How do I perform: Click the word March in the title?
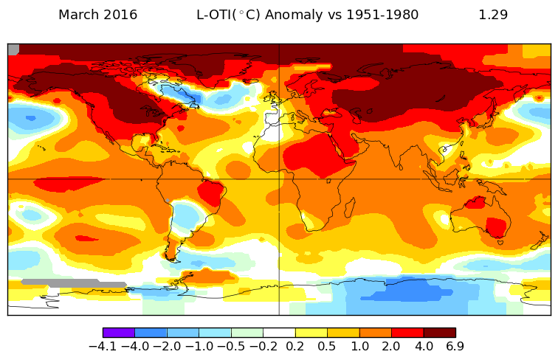78,15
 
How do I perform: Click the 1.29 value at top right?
493,15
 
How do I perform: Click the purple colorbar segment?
119,333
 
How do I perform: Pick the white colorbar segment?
279,333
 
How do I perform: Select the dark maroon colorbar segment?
439,333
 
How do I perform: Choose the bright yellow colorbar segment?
311,333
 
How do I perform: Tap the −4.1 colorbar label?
103,347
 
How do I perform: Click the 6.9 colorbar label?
455,347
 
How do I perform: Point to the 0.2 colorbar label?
295,347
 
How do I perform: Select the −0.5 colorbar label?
231,347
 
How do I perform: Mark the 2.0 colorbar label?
391,347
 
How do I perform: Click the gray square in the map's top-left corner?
13,49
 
